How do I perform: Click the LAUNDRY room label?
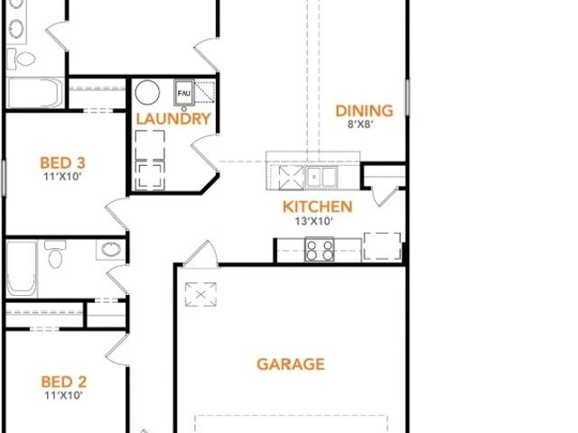point(173,119)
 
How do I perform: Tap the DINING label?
point(364,111)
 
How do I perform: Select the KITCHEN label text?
point(317,207)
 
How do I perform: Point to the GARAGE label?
point(291,364)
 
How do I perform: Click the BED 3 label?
point(62,163)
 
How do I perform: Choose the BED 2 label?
point(64,382)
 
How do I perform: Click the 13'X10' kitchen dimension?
point(314,221)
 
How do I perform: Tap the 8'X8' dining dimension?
point(360,124)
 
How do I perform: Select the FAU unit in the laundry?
point(184,92)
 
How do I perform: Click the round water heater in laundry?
point(147,92)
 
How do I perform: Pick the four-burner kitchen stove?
point(319,250)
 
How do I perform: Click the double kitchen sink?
point(322,177)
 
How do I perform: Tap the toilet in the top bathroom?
point(22,59)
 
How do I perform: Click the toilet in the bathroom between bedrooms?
point(55,254)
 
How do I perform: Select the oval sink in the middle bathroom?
point(111,249)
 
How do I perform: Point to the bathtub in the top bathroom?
point(35,93)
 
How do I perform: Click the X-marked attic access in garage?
point(200,294)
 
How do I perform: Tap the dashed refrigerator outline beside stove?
point(383,246)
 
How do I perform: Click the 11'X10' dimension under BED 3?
point(62,177)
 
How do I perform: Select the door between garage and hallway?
point(200,254)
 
